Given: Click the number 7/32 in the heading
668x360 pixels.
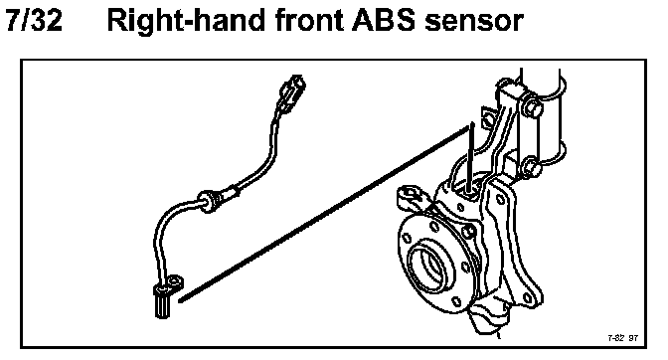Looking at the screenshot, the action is click(x=34, y=20).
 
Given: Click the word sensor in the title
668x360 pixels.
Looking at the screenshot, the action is click(x=474, y=22).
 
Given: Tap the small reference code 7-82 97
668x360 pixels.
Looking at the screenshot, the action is click(x=623, y=338).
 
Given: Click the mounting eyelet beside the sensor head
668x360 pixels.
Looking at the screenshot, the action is click(x=176, y=281).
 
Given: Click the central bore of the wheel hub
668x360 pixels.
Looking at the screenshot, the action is click(x=426, y=267).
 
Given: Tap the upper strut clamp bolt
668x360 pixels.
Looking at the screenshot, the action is click(x=531, y=106).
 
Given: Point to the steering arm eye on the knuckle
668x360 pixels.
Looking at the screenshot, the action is click(x=410, y=196).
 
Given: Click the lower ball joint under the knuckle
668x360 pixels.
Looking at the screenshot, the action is click(x=488, y=317).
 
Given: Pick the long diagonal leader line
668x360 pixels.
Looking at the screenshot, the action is click(x=325, y=214).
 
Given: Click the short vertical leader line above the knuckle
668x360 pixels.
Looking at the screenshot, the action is click(x=471, y=158).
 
